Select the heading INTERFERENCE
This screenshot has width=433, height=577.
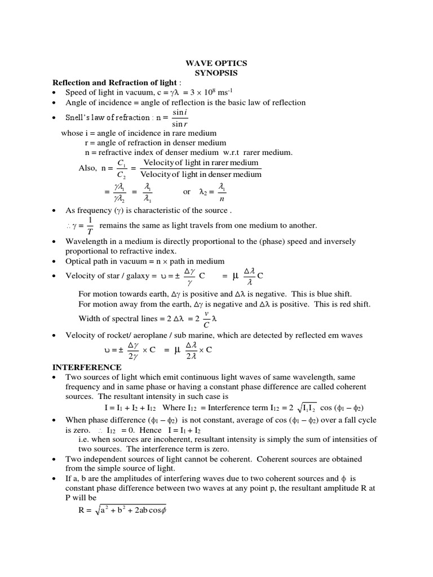(x=83, y=367)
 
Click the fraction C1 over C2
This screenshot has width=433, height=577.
(x=122, y=168)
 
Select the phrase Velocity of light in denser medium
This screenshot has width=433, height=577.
(x=201, y=174)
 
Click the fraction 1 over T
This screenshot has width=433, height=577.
(x=90, y=226)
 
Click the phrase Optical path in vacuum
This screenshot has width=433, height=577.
(x=109, y=261)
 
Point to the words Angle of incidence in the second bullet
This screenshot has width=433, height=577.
(x=98, y=102)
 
